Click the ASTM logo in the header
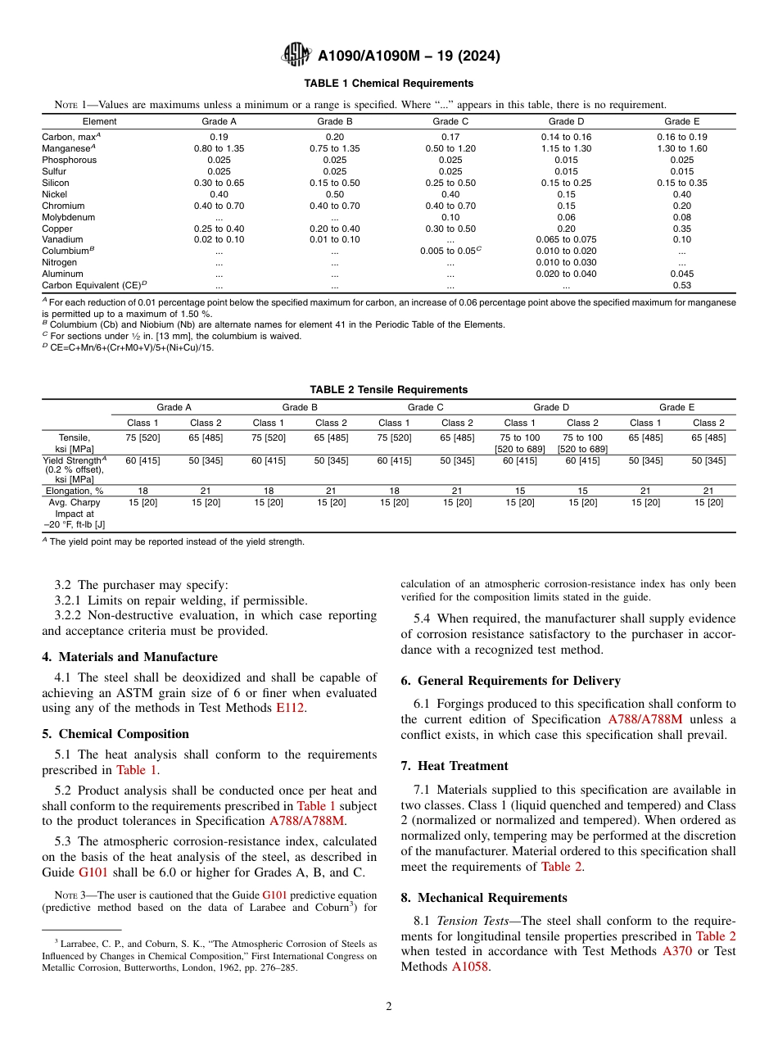point(296,55)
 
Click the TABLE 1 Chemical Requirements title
point(388,84)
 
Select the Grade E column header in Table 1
point(681,121)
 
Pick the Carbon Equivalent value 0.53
point(681,285)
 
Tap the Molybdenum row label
point(68,217)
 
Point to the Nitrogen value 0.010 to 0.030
point(566,262)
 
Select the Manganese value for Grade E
point(681,148)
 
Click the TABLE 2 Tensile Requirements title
point(388,390)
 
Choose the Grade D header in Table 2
point(551,407)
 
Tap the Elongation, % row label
point(75,491)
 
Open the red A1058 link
point(469,967)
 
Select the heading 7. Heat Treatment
point(455,766)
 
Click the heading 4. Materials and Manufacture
point(129,657)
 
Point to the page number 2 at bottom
point(388,1007)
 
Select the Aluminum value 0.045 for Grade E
point(681,274)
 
